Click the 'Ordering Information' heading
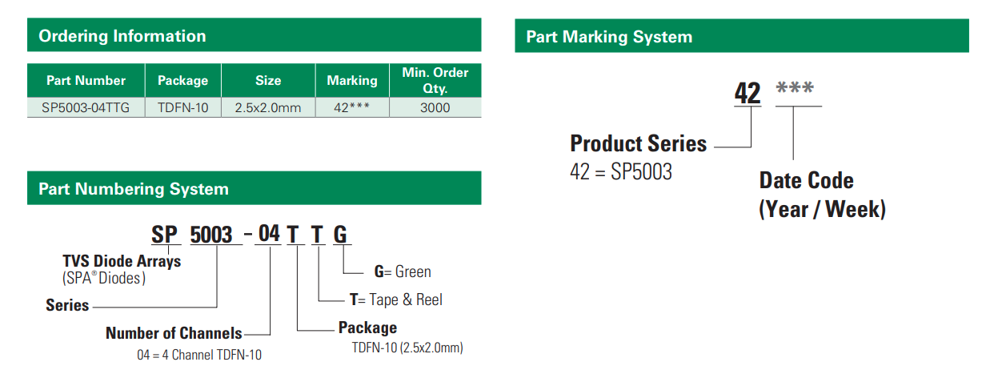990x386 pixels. (x=122, y=36)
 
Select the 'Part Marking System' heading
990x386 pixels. (x=609, y=37)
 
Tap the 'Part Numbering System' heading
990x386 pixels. (x=134, y=189)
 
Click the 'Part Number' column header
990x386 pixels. (x=86, y=80)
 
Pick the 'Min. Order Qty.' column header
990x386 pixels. (x=435, y=80)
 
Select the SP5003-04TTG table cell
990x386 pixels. (x=86, y=107)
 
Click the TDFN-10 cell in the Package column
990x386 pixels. (x=183, y=107)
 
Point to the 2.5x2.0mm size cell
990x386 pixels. (x=268, y=107)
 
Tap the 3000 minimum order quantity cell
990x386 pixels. (x=435, y=107)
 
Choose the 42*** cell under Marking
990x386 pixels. (x=352, y=107)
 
